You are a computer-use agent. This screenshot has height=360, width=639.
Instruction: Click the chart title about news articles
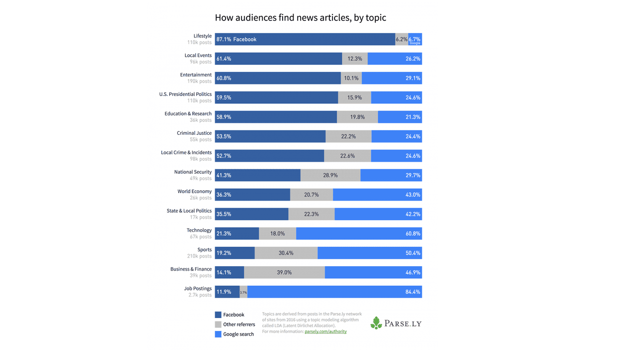click(x=300, y=18)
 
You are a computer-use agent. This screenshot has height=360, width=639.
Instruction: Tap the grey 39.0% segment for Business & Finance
click(x=284, y=273)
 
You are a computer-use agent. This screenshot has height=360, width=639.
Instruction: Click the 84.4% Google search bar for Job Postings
click(x=334, y=292)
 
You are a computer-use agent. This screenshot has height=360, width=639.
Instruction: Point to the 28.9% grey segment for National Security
click(x=330, y=175)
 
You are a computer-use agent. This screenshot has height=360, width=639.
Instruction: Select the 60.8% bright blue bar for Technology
click(x=358, y=234)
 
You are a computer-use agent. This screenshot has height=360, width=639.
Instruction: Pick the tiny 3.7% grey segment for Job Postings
click(x=243, y=292)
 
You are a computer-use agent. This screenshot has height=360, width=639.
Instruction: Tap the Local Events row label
click(x=198, y=55)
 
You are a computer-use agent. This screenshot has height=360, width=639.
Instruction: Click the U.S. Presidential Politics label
click(x=185, y=94)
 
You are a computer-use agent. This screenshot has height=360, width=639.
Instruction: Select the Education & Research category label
click(x=188, y=114)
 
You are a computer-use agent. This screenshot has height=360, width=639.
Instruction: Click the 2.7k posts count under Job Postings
click(x=200, y=295)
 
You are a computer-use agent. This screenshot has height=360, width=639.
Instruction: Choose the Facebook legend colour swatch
click(x=218, y=315)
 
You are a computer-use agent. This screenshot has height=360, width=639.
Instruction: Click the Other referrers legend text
click(x=239, y=325)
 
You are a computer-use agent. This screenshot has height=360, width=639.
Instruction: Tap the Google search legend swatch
click(x=218, y=334)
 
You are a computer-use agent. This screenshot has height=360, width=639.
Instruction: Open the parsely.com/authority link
click(x=325, y=332)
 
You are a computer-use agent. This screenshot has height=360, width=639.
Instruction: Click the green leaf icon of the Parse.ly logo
click(x=376, y=323)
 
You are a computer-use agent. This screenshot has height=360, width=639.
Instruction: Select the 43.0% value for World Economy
click(x=412, y=195)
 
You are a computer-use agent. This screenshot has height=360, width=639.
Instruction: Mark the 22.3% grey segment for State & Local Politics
click(x=311, y=214)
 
